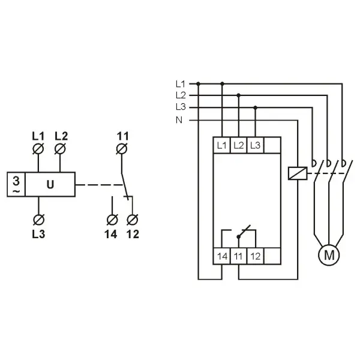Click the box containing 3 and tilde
tap(16, 184)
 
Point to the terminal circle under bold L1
tap(38, 149)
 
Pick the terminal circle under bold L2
tap(60, 149)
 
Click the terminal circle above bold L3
tap(38, 220)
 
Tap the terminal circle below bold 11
tap(122, 149)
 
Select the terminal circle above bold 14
tap(112, 220)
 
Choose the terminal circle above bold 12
tap(133, 220)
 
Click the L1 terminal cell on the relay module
tap(221, 145)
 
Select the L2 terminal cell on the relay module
tap(239, 145)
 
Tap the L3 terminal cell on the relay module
tap(256, 145)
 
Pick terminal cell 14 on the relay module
tap(222, 256)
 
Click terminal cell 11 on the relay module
tap(239, 256)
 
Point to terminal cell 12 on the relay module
tap(256, 256)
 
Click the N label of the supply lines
tap(179, 120)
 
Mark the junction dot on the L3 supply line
tap(256, 107)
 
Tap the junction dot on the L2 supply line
tap(239, 95)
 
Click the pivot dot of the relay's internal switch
tap(239, 236)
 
